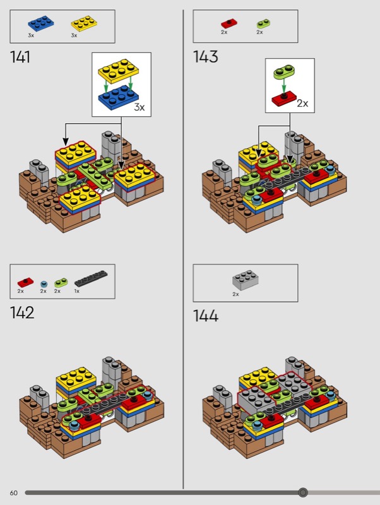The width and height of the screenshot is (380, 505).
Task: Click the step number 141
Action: click(x=20, y=57)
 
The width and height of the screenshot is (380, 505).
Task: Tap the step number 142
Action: click(x=22, y=312)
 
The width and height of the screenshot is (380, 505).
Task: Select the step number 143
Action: click(x=205, y=57)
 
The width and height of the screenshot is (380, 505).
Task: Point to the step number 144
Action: click(x=206, y=316)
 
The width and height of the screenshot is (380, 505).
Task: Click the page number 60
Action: click(x=13, y=493)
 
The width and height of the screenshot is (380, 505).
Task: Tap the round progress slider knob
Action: click(x=303, y=492)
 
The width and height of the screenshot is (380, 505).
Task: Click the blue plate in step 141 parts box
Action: click(x=41, y=24)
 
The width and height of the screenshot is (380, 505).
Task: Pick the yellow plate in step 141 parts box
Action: click(x=84, y=23)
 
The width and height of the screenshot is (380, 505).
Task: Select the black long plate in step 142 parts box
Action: click(x=91, y=278)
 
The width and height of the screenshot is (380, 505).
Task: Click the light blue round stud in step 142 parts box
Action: click(x=44, y=284)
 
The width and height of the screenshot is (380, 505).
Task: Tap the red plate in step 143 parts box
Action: click(x=229, y=24)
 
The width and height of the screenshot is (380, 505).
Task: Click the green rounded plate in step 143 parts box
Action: click(x=263, y=24)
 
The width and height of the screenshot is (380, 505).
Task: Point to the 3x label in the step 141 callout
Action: click(x=140, y=107)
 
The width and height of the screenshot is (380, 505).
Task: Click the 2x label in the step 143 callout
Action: click(x=302, y=104)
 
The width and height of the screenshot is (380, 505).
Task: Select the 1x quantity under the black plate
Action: click(x=77, y=291)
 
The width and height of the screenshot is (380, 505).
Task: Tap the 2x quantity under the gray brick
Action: click(x=235, y=294)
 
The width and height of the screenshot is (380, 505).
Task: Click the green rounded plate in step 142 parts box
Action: click(x=61, y=283)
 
